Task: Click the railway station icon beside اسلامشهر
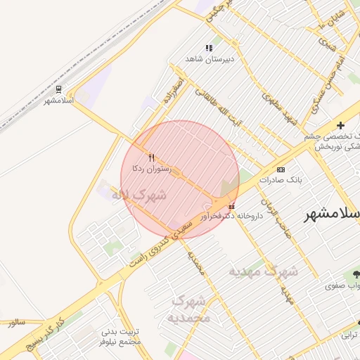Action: (x=58, y=90)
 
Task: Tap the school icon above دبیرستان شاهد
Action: (x=209, y=48)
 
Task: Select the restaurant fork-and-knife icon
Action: (x=151, y=157)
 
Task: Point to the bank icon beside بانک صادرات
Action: (x=281, y=170)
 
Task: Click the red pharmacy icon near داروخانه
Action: (x=232, y=207)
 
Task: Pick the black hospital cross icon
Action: (x=341, y=125)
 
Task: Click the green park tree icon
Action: (x=355, y=274)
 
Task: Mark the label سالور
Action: (x=16, y=322)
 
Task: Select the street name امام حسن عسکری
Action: (x=320, y=77)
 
